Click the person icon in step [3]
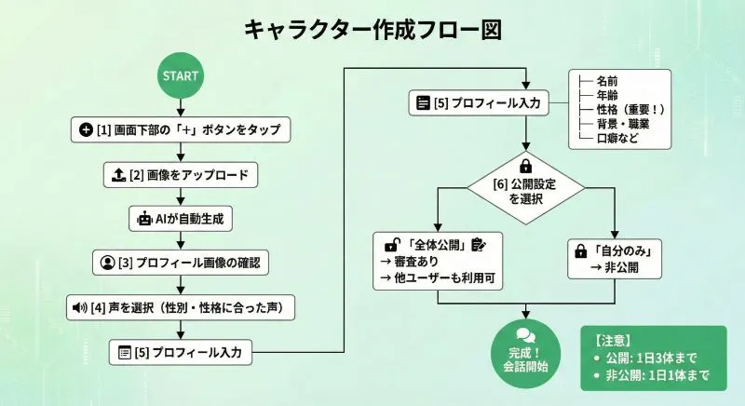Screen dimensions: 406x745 107,264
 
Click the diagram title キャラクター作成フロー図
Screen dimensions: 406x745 372,30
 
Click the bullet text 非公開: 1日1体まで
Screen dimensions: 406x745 651,375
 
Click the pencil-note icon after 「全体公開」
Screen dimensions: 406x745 479,244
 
